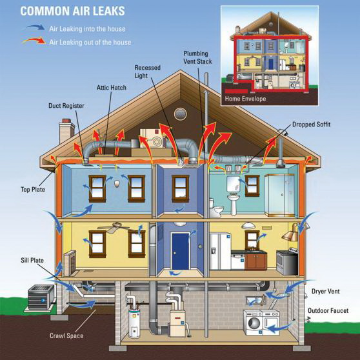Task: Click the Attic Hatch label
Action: [x=112, y=88]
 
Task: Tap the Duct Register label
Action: [x=66, y=106]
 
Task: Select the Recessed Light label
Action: [x=147, y=72]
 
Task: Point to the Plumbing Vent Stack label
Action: [x=197, y=57]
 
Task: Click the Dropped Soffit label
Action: [x=311, y=125]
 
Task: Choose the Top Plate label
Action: [x=33, y=190]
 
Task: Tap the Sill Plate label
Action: [x=32, y=260]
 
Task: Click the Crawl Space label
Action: [x=66, y=335]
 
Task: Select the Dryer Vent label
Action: [x=325, y=292]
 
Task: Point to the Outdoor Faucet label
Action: [x=328, y=310]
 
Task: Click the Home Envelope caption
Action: [x=245, y=99]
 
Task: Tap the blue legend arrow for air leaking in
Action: [x=35, y=27]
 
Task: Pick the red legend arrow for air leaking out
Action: [x=34, y=41]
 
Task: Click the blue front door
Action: [x=181, y=251]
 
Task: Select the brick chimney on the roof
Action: [x=66, y=130]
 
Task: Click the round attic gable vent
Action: [x=180, y=114]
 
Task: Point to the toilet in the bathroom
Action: [x=215, y=208]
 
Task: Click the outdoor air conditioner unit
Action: [x=41, y=297]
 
